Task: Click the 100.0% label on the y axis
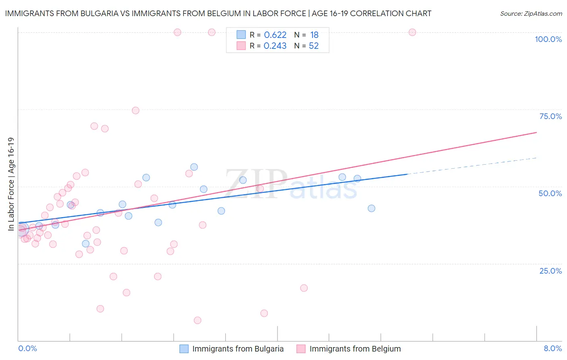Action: click(548, 39)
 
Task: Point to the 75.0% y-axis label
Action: click(550, 116)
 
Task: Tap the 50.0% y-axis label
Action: click(550, 193)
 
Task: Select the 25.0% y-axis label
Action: click(550, 271)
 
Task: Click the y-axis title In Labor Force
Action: click(11, 184)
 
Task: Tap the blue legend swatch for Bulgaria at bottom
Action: click(184, 349)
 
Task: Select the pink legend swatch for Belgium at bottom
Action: click(301, 349)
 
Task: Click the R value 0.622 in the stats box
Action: click(275, 35)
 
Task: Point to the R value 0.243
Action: click(275, 46)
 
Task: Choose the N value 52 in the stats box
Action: click(314, 46)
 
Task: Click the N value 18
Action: click(314, 35)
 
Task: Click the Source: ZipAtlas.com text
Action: click(531, 14)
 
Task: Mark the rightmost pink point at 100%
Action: click(412, 32)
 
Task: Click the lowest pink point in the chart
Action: click(198, 320)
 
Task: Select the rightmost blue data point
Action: click(371, 208)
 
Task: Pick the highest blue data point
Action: click(194, 167)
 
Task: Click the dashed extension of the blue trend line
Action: click(472, 166)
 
